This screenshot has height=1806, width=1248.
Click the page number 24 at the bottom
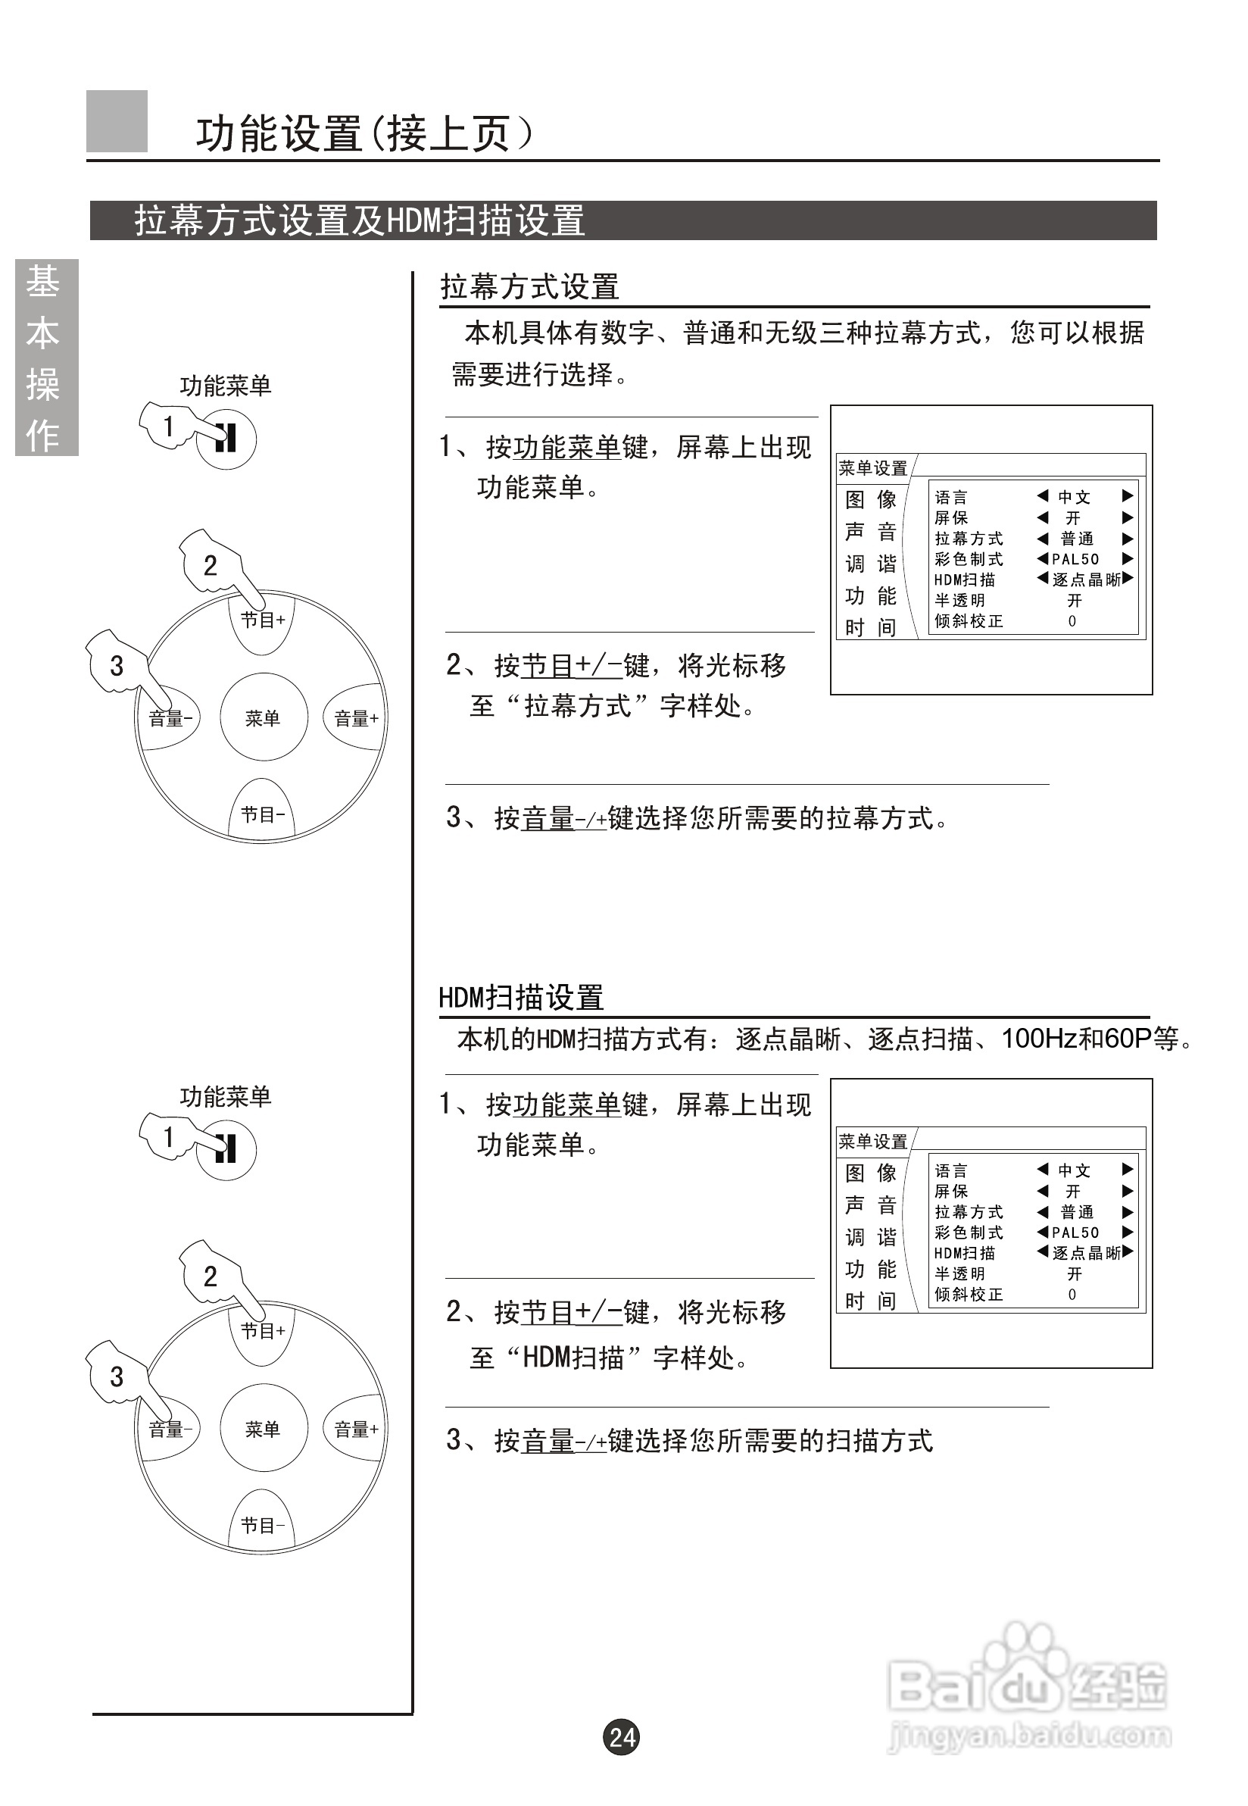click(622, 1736)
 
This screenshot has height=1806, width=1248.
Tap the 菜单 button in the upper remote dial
click(262, 717)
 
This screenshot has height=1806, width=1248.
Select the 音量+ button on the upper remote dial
click(356, 718)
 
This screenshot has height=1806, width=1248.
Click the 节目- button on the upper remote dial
click(262, 814)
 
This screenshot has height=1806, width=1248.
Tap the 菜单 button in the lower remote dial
click(262, 1428)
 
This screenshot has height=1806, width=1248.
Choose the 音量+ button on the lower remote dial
click(356, 1429)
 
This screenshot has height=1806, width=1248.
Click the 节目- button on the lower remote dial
click(262, 1524)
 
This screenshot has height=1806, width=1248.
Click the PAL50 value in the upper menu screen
click(1075, 558)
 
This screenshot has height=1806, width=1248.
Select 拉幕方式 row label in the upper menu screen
click(968, 538)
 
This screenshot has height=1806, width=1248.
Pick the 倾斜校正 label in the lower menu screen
click(968, 1294)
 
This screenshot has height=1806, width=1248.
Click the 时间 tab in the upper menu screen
click(870, 627)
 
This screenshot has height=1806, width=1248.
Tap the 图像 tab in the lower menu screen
click(870, 1173)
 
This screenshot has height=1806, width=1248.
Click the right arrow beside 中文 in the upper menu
click(1127, 496)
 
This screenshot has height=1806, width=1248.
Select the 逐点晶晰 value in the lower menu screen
click(1086, 1252)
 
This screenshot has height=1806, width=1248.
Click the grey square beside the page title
click(117, 121)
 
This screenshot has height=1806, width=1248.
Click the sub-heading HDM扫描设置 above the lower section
click(521, 997)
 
